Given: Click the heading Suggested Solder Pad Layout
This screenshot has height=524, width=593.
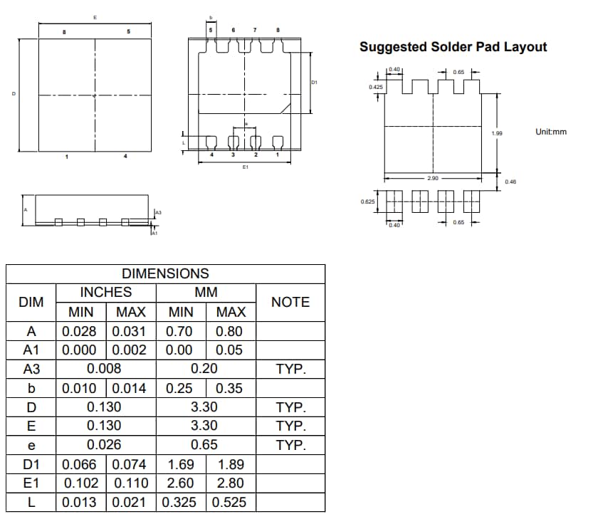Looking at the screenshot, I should [453, 47].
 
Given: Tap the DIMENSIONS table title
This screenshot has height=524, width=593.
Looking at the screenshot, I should [165, 273].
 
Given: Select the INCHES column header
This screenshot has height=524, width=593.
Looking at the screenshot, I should [105, 292].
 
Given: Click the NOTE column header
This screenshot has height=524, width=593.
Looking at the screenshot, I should [290, 302].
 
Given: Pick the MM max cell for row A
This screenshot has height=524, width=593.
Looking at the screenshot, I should [229, 331].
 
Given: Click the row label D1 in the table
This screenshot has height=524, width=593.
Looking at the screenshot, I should [31, 465].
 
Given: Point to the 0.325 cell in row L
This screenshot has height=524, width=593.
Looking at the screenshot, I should [180, 502].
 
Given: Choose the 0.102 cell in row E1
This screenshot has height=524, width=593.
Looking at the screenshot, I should [83, 483].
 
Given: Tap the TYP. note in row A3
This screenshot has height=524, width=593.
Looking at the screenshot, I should [290, 369].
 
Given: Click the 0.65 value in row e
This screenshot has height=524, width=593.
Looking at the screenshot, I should [204, 445].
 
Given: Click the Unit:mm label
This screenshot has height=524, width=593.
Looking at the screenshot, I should [551, 132].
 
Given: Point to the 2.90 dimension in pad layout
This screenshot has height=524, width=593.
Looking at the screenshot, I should [433, 178].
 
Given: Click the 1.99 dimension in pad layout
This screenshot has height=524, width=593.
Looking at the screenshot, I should [497, 134].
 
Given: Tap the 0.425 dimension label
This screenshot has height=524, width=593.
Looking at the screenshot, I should [375, 86].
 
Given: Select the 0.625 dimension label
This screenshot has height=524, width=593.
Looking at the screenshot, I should [368, 201].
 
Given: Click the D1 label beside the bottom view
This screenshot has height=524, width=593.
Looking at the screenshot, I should [314, 83].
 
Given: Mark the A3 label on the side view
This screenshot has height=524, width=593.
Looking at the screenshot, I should [158, 212].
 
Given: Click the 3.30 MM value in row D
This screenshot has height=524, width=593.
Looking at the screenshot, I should [204, 407].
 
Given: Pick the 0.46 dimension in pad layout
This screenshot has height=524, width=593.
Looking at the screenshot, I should [510, 182].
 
